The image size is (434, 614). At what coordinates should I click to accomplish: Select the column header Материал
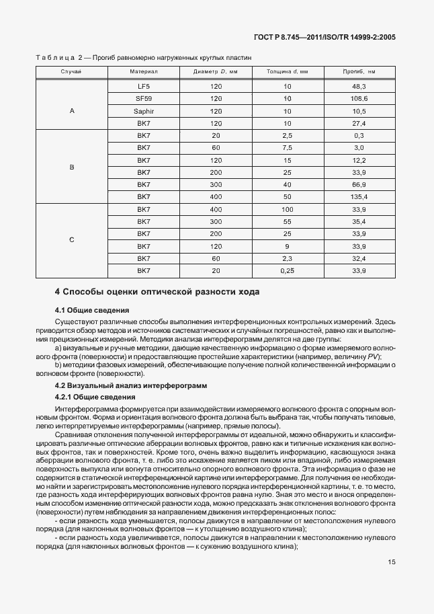click(143, 71)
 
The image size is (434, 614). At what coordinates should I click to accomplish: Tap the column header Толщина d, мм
click(287, 71)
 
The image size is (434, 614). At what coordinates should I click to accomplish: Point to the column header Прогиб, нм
click(358, 71)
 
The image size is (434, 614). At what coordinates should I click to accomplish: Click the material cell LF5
click(143, 87)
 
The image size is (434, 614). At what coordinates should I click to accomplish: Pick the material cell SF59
click(143, 99)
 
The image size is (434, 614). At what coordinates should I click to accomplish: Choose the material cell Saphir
click(143, 111)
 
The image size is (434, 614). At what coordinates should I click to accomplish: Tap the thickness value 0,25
click(287, 270)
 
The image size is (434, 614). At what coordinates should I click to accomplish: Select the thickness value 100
click(287, 209)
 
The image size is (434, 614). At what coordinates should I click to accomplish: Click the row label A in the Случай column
click(72, 111)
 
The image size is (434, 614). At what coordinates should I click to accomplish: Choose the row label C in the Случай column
click(72, 239)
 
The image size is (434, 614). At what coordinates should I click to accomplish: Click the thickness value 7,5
click(287, 148)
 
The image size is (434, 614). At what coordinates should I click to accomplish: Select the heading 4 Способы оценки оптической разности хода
click(156, 292)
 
